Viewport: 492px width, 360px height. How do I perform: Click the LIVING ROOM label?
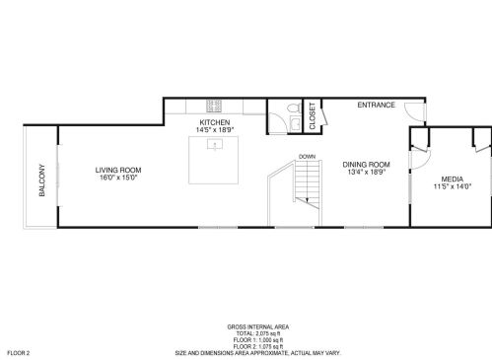116,170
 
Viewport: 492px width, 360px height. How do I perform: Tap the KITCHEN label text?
214,123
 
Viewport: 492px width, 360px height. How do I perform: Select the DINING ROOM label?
366,164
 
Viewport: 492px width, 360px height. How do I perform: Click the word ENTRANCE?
376,106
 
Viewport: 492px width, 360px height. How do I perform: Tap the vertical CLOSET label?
313,117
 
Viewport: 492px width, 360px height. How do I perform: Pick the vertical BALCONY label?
41,180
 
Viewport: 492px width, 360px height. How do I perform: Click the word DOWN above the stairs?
307,156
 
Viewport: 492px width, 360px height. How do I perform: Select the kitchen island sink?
214,144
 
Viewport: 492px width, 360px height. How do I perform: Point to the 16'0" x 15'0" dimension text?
116,179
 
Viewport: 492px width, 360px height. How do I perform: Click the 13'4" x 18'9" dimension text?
366,172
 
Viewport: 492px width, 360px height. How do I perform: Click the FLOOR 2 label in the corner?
19,352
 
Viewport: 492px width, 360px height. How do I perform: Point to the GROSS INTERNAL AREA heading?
258,327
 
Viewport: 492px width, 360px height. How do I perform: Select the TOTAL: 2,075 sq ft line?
258,334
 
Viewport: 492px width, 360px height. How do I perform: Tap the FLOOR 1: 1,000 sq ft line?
258,340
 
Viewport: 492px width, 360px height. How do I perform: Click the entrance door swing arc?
418,116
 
